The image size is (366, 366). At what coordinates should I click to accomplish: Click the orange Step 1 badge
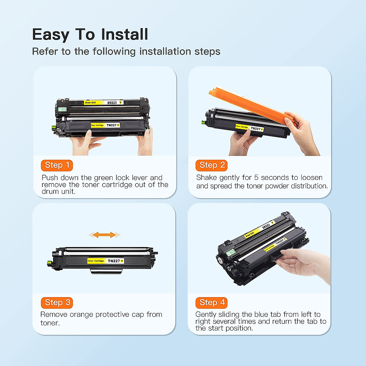pos(57,165)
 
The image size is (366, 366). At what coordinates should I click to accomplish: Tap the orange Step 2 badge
pos(212,165)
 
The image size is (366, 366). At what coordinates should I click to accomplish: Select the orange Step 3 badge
pos(57,303)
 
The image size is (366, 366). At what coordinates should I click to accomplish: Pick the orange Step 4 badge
pos(212,303)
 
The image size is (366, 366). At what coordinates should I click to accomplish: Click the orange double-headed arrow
pos(104,235)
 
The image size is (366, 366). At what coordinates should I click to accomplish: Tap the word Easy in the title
pos(50,35)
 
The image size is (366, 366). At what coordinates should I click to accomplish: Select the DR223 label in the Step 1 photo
pos(112,103)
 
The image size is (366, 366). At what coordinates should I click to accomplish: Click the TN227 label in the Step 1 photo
pos(112,125)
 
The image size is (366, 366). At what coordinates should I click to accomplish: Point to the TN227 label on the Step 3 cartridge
pos(114,261)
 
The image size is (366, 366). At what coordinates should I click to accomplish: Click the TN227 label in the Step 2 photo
pos(256,129)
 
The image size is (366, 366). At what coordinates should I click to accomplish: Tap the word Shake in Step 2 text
pos(206,178)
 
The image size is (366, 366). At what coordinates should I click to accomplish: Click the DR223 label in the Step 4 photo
pos(266,226)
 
